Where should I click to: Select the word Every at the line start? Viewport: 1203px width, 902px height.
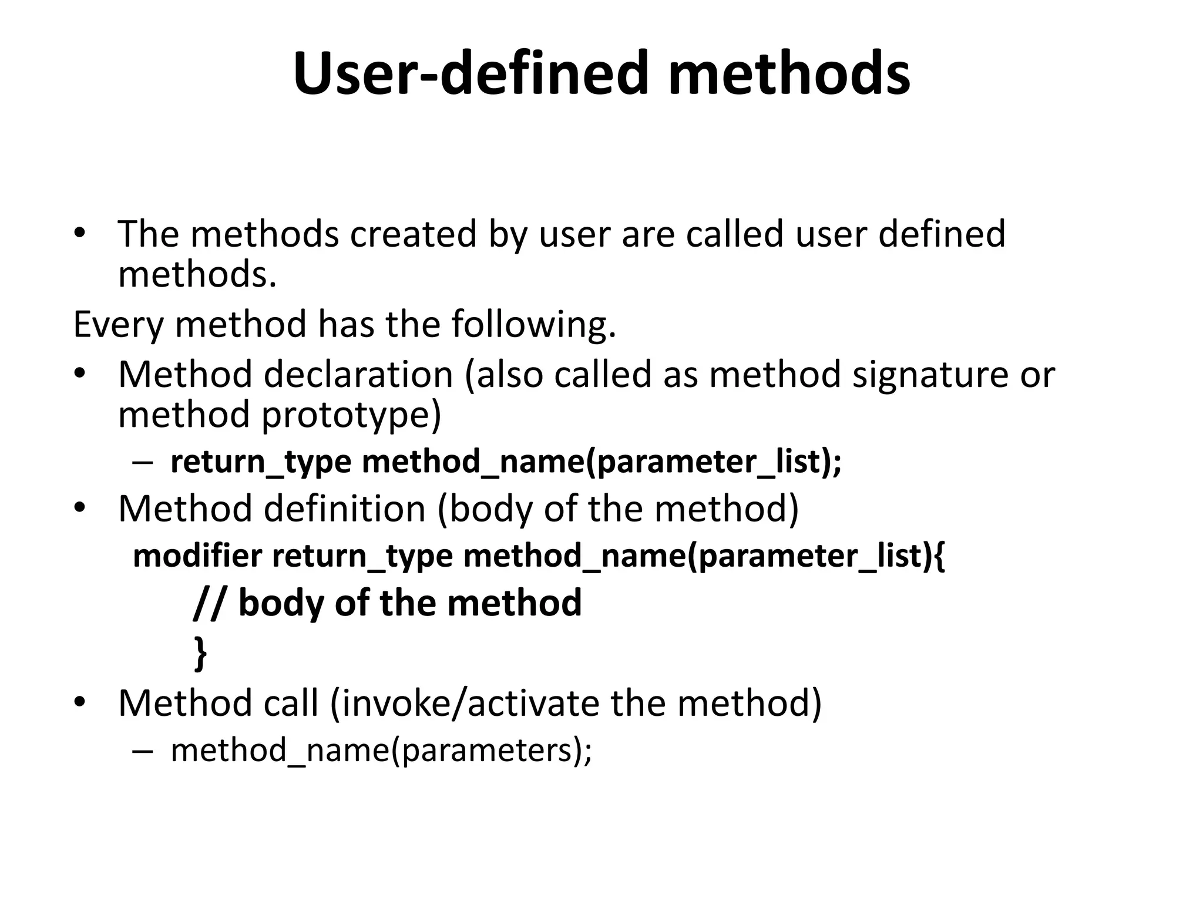point(117,324)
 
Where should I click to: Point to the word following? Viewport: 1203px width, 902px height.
point(534,324)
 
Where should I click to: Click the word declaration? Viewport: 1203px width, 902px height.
point(358,374)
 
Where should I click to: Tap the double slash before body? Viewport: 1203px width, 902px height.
point(208,603)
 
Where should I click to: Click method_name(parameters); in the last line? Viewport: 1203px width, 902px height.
point(381,750)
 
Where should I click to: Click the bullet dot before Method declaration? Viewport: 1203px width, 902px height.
point(80,374)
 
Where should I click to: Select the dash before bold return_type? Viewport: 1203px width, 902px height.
point(143,462)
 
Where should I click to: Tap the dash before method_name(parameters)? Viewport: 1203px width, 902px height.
point(143,750)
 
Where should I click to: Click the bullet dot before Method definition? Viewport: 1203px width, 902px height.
point(80,509)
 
